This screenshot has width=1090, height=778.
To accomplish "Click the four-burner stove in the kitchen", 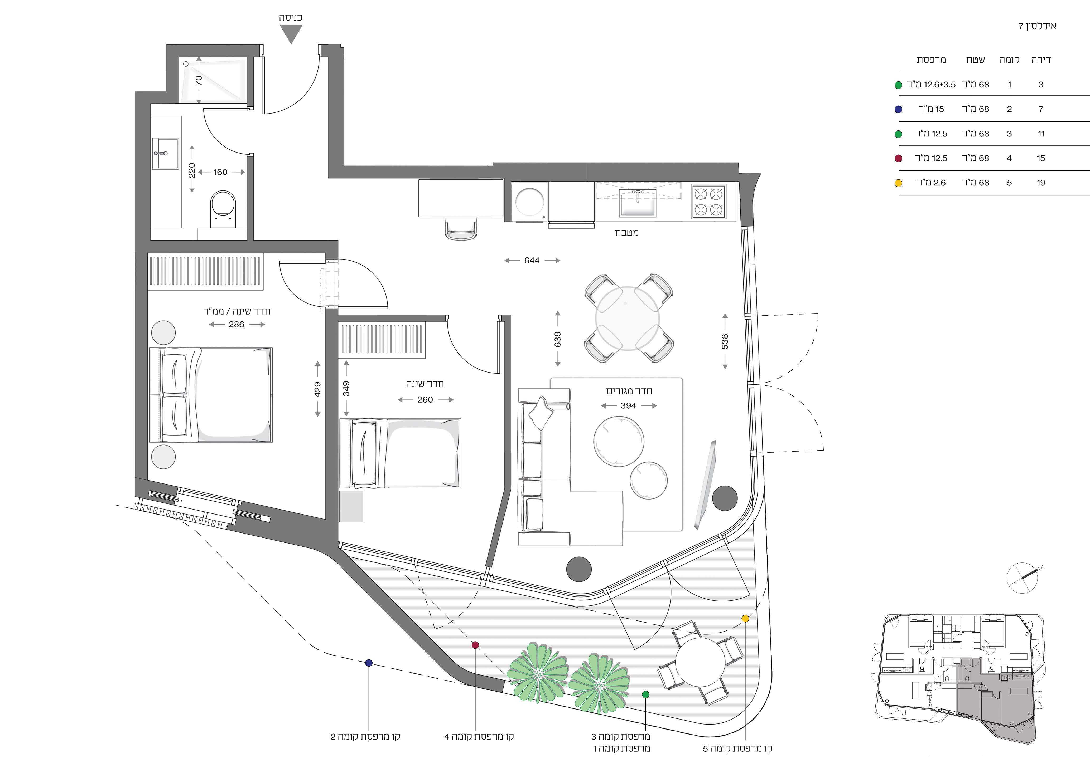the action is [x=708, y=202].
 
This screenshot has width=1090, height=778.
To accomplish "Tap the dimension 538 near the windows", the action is [x=725, y=341].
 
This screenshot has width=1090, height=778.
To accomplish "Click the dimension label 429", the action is [x=317, y=389].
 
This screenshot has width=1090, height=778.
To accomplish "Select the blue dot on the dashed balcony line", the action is [x=369, y=663].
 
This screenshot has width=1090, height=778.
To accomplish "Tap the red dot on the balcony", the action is [x=475, y=645].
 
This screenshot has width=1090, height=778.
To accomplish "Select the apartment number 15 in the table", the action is [x=1041, y=158].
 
